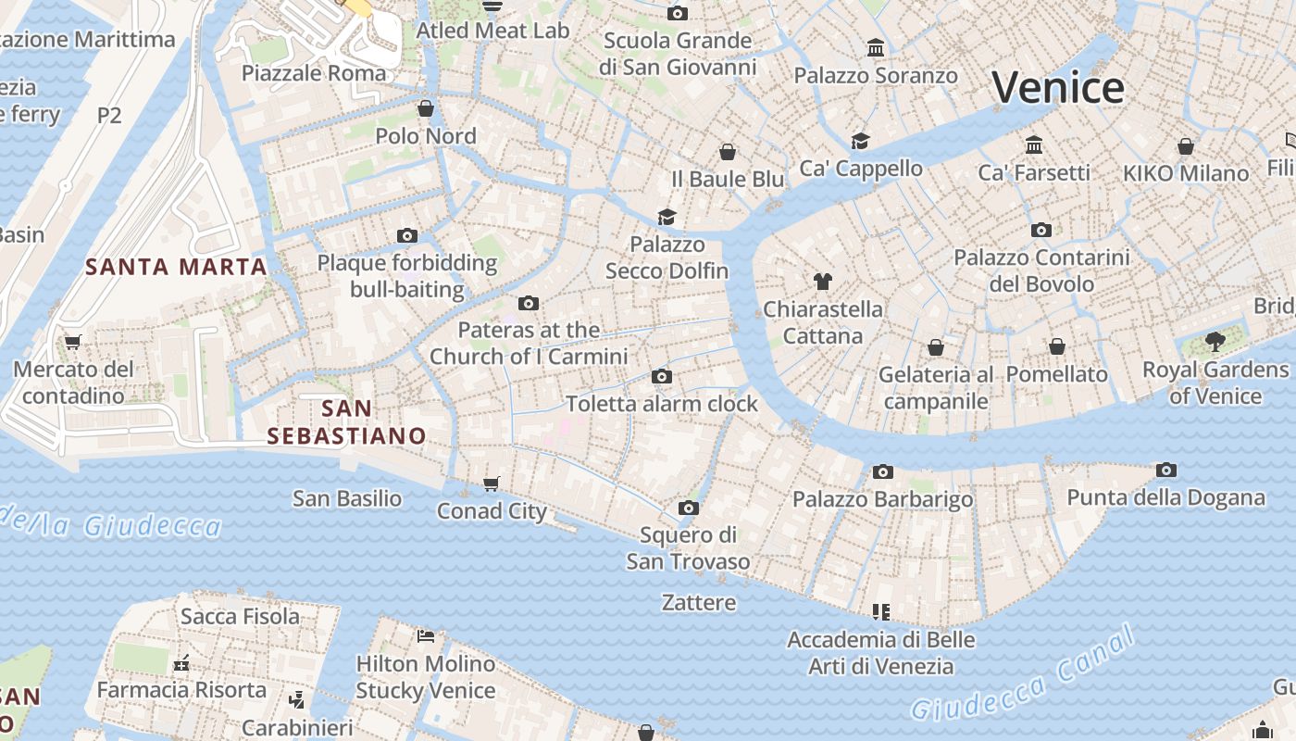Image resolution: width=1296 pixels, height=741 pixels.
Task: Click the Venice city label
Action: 1058,88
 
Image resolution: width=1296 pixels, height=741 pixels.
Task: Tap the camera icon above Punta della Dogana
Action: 1166,471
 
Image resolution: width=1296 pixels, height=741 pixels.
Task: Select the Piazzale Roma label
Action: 314,73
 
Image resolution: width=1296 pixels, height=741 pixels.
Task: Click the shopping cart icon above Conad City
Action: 492,484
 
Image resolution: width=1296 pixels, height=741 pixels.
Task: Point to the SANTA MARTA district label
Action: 176,267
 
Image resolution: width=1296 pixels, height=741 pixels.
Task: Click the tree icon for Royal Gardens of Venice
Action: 1215,342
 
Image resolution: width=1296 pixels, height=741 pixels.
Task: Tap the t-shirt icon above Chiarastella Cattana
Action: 822,282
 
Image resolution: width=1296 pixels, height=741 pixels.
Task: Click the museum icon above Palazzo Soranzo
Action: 875,48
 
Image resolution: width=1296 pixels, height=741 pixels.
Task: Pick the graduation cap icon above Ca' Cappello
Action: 860,141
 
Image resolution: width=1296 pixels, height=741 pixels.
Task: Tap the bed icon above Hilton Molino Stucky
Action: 426,635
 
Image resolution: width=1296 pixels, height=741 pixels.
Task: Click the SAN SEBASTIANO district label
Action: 347,421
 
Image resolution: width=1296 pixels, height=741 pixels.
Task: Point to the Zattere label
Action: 699,602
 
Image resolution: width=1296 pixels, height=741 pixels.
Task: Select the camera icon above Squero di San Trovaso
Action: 688,508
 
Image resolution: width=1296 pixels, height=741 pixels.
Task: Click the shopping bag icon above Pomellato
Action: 1056,346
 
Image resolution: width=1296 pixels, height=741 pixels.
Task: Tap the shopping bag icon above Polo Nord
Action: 425,108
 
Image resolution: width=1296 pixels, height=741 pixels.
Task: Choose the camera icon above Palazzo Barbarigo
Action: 882,472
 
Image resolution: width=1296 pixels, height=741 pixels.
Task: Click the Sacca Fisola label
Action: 240,616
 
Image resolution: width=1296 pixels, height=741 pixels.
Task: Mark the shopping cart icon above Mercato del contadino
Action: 73,342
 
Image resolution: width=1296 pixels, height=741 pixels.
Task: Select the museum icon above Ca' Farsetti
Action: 1034,145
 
